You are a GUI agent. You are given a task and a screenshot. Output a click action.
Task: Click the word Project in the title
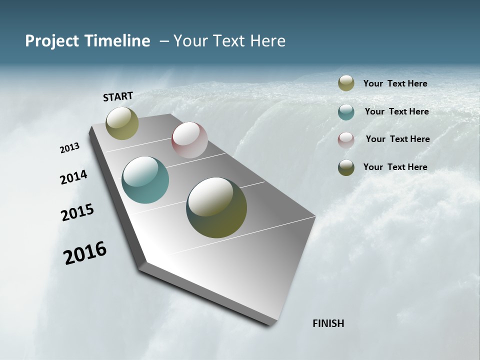(x=52, y=41)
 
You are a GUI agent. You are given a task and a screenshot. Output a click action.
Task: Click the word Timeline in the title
(x=117, y=41)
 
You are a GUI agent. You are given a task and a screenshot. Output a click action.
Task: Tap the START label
(x=118, y=96)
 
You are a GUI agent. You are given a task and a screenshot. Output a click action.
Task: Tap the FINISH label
(x=328, y=323)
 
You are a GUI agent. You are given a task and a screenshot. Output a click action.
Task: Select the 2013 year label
(x=69, y=148)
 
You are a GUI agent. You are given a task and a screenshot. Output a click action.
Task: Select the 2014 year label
(x=73, y=177)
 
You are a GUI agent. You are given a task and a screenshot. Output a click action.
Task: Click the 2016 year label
(x=85, y=252)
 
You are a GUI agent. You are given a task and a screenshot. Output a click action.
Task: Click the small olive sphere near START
(x=122, y=123)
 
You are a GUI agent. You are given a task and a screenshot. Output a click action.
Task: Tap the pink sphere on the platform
(x=189, y=139)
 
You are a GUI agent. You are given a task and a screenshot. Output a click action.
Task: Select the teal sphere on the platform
(x=145, y=180)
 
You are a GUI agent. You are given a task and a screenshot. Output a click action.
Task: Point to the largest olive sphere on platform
(x=216, y=207)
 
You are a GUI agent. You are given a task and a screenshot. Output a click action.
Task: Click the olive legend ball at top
(x=346, y=83)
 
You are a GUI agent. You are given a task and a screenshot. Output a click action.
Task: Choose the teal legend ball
(x=346, y=112)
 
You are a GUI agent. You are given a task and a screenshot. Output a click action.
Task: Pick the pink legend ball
(x=346, y=140)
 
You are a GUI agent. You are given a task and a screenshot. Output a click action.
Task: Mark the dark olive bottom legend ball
(x=346, y=167)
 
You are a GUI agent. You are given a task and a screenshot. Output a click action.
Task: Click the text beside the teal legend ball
(x=396, y=111)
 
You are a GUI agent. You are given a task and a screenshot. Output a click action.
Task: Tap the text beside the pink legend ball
(x=397, y=139)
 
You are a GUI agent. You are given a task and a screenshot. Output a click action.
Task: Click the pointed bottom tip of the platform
(x=270, y=324)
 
